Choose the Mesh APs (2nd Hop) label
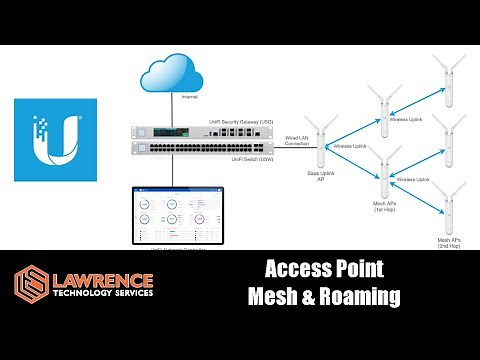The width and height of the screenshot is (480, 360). pyautogui.click(x=446, y=243)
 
